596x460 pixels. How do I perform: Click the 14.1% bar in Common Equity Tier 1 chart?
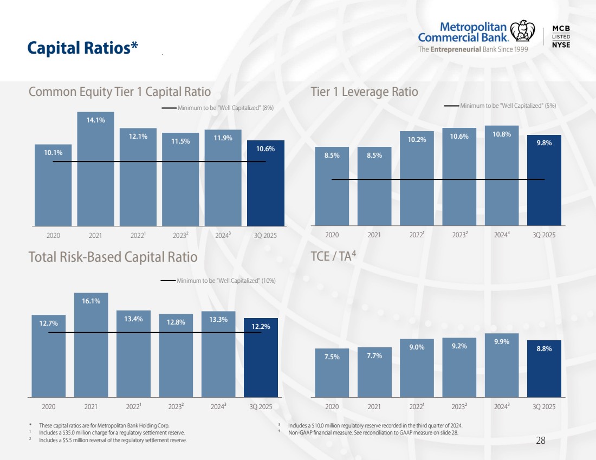[95, 168]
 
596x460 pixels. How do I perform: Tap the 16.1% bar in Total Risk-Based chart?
[91, 344]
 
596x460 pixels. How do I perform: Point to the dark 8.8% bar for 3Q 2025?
[544, 368]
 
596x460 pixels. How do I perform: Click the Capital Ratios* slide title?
[83, 48]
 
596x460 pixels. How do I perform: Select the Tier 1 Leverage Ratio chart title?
[364, 92]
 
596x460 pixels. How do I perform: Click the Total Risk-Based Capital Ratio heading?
[113, 256]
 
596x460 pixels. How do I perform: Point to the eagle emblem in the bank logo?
[523, 31]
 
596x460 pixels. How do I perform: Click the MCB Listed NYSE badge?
[561, 36]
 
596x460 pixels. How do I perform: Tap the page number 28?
[540, 440]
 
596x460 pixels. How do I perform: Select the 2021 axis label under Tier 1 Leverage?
[374, 235]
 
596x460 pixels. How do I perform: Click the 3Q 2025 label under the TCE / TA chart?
[544, 406]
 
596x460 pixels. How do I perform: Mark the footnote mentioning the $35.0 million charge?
[112, 433]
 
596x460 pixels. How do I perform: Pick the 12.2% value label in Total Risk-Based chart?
[261, 326]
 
